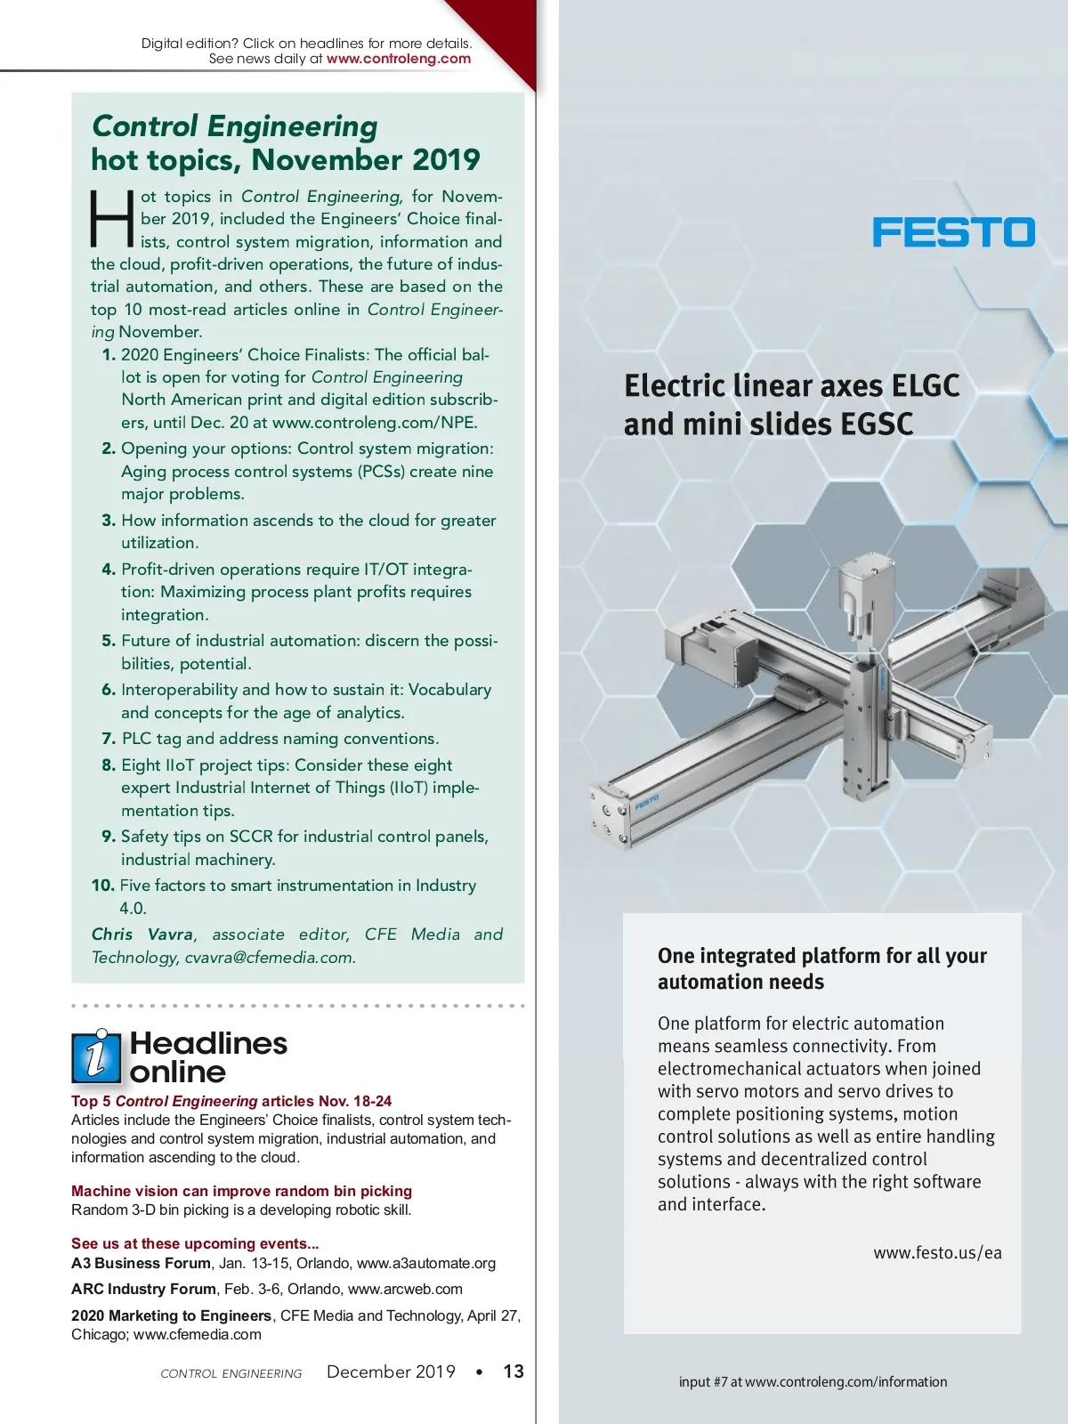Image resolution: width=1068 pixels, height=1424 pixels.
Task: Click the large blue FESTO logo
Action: pyautogui.click(x=953, y=232)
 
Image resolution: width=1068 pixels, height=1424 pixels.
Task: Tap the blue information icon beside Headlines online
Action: pyautogui.click(x=95, y=1057)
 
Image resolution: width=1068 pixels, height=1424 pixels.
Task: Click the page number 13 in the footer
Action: pyautogui.click(x=514, y=1371)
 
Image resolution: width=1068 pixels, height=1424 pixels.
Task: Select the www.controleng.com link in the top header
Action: pyautogui.click(x=398, y=59)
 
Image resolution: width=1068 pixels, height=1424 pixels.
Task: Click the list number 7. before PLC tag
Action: pyautogui.click(x=109, y=739)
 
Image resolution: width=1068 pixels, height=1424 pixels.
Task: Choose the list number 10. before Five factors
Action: pyautogui.click(x=102, y=886)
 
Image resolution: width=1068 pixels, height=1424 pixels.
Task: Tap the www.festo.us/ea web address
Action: pyautogui.click(x=937, y=1253)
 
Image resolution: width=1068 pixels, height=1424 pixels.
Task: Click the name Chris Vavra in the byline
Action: pyautogui.click(x=142, y=934)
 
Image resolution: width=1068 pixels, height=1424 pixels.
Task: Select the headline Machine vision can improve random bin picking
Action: pyautogui.click(x=241, y=1191)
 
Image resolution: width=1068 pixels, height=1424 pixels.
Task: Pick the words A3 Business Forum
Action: pyautogui.click(x=141, y=1263)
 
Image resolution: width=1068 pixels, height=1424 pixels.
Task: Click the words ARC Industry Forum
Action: pyautogui.click(x=143, y=1289)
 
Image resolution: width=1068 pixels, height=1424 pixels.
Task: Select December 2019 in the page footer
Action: pyautogui.click(x=391, y=1371)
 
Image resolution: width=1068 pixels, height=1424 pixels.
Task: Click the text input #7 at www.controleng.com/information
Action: pyautogui.click(x=813, y=1382)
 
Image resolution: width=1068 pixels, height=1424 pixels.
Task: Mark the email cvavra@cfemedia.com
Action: pyautogui.click(x=270, y=958)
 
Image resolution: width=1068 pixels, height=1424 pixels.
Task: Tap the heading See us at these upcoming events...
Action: pyautogui.click(x=195, y=1243)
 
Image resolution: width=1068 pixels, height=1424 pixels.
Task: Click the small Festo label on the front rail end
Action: pyautogui.click(x=647, y=803)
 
